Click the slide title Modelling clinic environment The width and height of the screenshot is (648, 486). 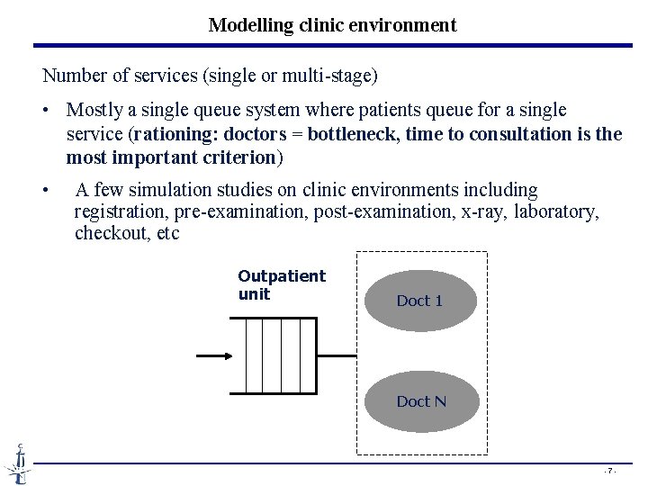coord(332,25)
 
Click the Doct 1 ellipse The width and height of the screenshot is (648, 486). coord(419,301)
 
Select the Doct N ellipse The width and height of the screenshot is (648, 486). coord(420,400)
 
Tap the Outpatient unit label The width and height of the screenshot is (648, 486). coord(281,285)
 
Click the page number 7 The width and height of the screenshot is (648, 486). coord(609,471)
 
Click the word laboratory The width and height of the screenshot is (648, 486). coord(559,212)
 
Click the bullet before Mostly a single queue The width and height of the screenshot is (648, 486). coord(46,111)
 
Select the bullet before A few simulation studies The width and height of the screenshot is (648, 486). coord(46,191)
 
